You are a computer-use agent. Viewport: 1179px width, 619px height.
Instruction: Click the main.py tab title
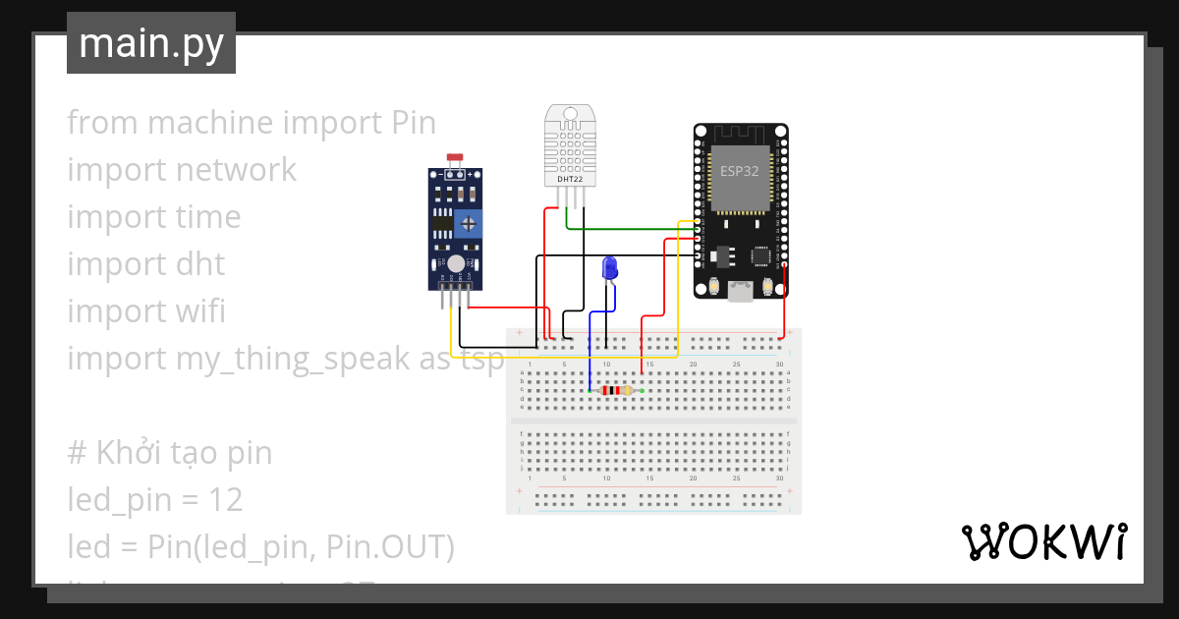150,43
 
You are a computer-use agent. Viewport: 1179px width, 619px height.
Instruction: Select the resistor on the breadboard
616,391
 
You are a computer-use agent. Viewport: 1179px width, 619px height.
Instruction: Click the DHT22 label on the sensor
569,179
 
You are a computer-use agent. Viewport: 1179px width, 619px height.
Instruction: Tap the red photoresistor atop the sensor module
454,157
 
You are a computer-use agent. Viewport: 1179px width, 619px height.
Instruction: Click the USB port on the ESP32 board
740,289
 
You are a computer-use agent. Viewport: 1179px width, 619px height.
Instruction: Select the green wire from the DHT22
629,229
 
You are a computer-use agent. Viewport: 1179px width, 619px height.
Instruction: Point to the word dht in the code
199,264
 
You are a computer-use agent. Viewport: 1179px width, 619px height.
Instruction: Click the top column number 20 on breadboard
694,365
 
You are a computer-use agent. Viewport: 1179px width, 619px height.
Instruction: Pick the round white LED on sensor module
458,263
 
